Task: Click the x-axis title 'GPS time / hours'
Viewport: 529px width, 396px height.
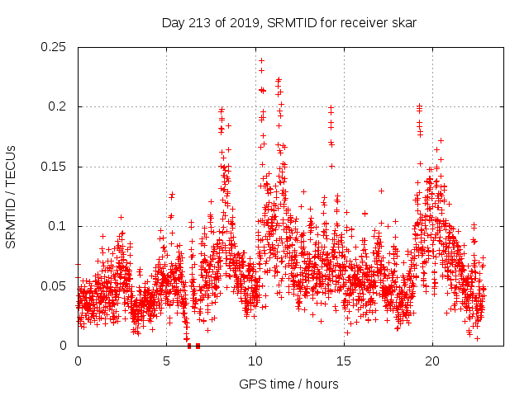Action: tap(288, 384)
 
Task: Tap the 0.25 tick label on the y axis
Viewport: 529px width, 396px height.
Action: tap(55, 47)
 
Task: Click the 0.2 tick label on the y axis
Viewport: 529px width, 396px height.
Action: tap(59, 107)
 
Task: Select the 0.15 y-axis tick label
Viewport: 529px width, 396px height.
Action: tap(55, 167)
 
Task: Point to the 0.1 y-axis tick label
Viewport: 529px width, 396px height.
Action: tap(59, 226)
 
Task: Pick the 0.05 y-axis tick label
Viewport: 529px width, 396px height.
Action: tap(55, 286)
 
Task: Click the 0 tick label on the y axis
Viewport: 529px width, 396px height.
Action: tap(66, 346)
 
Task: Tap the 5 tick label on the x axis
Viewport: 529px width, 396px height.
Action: tap(166, 361)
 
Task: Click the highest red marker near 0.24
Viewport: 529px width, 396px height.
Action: tap(261, 60)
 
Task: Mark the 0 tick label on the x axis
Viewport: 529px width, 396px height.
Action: tap(78, 361)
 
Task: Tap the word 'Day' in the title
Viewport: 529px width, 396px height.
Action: tap(173, 23)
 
